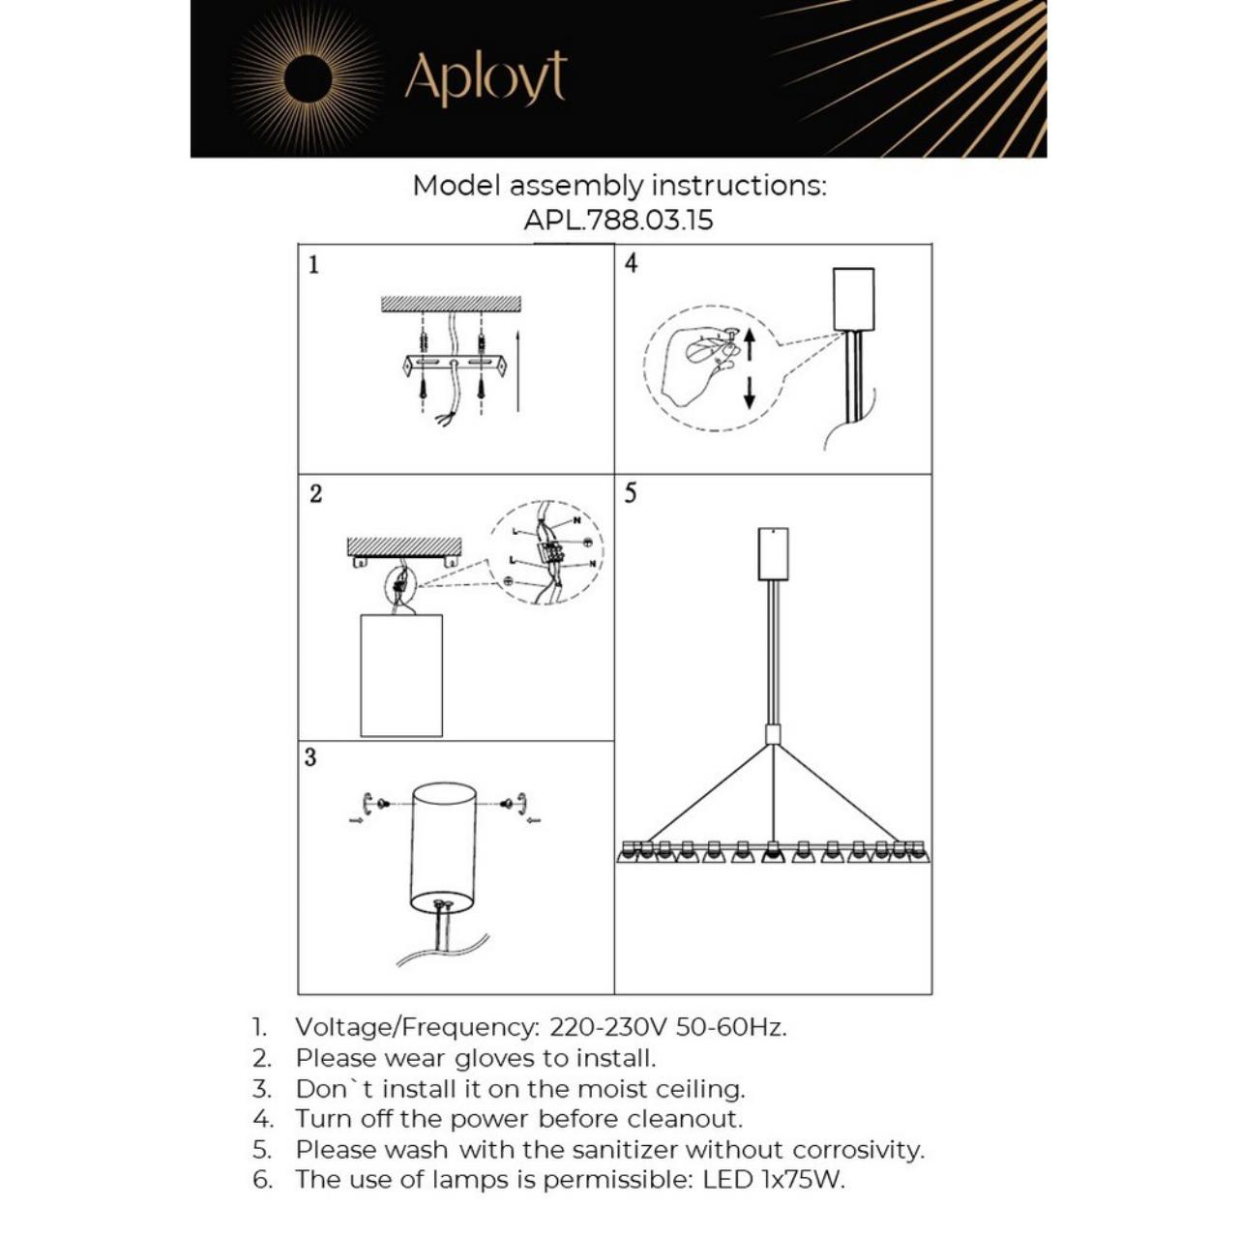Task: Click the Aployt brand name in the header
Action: pyautogui.click(x=485, y=78)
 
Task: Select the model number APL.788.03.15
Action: pyautogui.click(x=618, y=220)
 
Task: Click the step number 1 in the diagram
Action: pyautogui.click(x=313, y=264)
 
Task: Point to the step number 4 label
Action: pyautogui.click(x=631, y=263)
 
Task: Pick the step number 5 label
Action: pyautogui.click(x=631, y=493)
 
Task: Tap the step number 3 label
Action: pyautogui.click(x=310, y=756)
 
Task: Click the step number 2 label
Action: pyautogui.click(x=315, y=493)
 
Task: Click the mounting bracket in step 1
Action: pyautogui.click(x=453, y=365)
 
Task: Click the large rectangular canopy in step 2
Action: pyautogui.click(x=400, y=675)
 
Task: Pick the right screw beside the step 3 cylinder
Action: pyautogui.click(x=513, y=803)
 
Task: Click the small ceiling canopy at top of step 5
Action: pyautogui.click(x=773, y=553)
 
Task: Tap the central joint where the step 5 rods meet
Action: pyautogui.click(x=773, y=734)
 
